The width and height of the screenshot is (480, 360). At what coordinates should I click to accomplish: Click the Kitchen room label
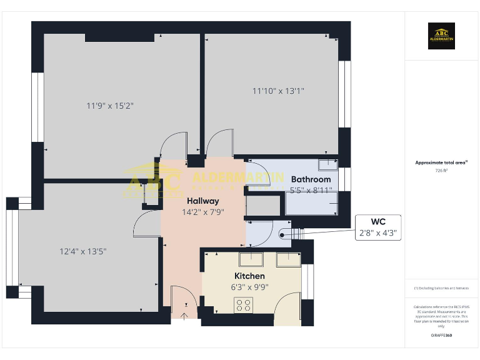(x=249, y=276)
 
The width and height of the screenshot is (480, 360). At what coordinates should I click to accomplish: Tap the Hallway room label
(x=202, y=201)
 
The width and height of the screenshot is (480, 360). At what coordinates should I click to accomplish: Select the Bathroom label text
(x=311, y=179)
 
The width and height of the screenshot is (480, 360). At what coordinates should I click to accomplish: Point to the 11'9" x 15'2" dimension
(x=110, y=106)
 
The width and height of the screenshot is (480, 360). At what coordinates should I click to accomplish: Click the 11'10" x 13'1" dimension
(x=278, y=91)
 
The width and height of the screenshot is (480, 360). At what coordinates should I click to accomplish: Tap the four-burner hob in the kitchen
(x=242, y=305)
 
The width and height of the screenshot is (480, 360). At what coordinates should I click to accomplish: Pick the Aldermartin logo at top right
(x=441, y=36)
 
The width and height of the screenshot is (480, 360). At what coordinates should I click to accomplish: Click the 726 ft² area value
(x=441, y=170)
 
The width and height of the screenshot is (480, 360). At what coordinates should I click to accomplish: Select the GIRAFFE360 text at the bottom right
(x=441, y=336)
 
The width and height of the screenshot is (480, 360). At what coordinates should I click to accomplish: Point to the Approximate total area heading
(x=441, y=162)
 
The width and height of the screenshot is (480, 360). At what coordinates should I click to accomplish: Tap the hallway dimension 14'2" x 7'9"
(x=202, y=212)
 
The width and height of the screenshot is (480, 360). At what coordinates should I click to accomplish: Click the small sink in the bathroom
(x=327, y=166)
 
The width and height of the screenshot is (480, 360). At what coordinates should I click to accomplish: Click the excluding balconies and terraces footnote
(x=441, y=288)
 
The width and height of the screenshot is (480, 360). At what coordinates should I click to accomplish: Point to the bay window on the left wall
(x=12, y=249)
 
